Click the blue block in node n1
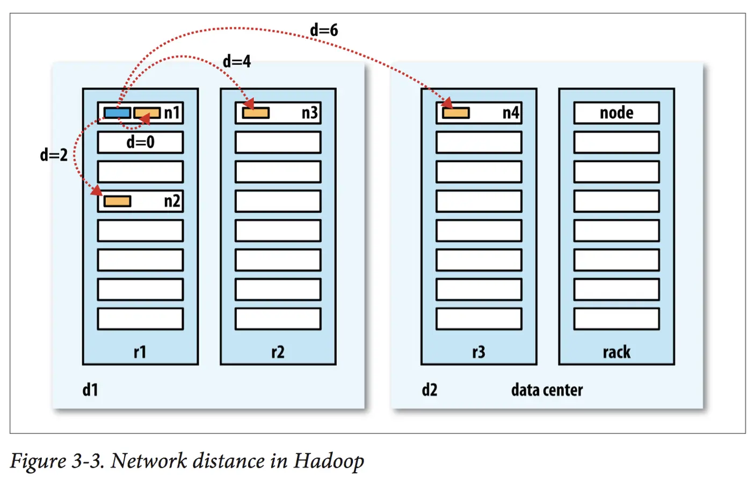tap(117, 113)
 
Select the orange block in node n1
tap(147, 113)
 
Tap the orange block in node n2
tap(117, 201)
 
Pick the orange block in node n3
tap(256, 113)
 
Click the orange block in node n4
tap(456, 113)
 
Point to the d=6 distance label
tap(324, 30)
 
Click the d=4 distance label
tap(237, 61)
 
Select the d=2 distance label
tap(54, 155)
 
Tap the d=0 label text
tap(140, 142)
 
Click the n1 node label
tap(172, 113)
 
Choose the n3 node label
tap(310, 113)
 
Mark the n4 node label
tap(511, 113)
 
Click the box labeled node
tap(616, 113)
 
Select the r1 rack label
tap(140, 352)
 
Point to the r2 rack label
tap(278, 352)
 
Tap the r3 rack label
tap(479, 352)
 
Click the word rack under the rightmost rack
tap(616, 352)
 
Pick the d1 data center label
tap(90, 389)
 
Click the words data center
tap(547, 389)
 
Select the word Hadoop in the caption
tap(329, 461)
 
